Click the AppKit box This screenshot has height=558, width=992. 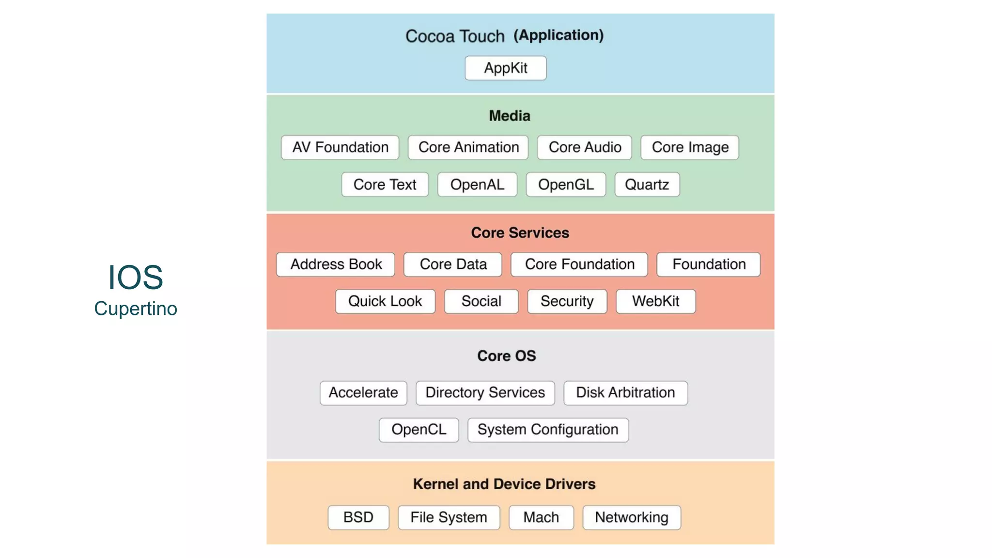[x=505, y=68]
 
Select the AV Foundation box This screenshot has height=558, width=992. [x=340, y=147]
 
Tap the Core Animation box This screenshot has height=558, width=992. [x=468, y=147]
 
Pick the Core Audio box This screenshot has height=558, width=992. [x=584, y=147]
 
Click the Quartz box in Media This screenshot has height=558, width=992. [x=647, y=185]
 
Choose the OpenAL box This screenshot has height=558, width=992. [x=477, y=185]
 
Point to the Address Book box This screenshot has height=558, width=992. [x=336, y=264]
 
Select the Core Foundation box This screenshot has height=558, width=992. [x=579, y=264]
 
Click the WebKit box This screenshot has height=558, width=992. [x=655, y=301]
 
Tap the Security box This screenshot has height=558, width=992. [x=567, y=301]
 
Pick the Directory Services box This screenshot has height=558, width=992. [x=485, y=392]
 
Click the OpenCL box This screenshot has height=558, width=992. [x=418, y=430]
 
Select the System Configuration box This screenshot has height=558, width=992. [x=548, y=430]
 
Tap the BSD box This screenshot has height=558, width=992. [x=358, y=517]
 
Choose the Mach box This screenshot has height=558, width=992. [x=541, y=517]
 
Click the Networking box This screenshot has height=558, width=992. [x=632, y=517]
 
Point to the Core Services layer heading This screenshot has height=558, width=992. [x=520, y=233]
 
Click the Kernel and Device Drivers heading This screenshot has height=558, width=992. [x=504, y=484]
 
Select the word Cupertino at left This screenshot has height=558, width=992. [x=136, y=309]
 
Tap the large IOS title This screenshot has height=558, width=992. [x=135, y=277]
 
